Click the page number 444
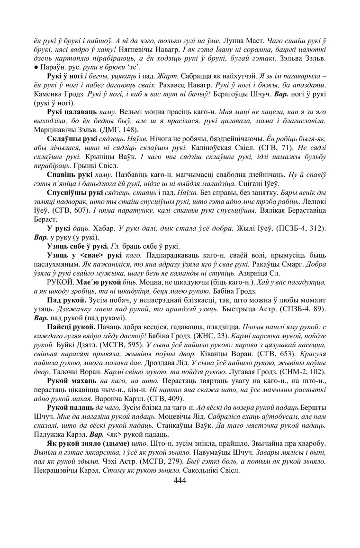[180, 481]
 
